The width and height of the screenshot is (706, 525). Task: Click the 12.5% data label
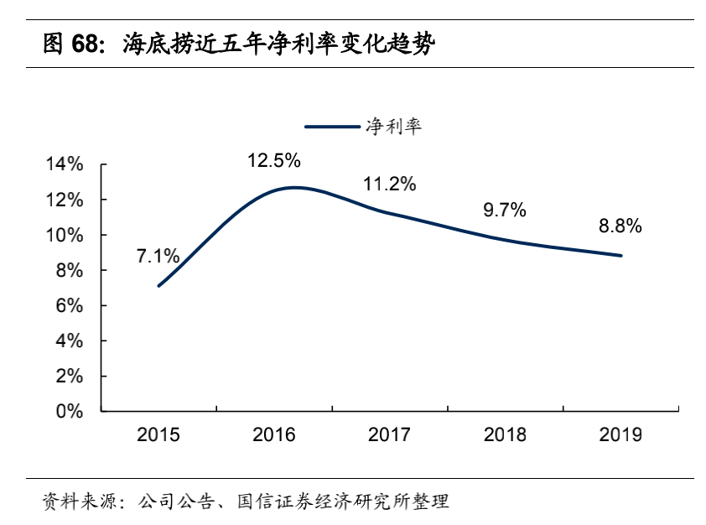click(x=273, y=159)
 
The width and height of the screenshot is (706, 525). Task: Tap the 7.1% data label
click(x=158, y=256)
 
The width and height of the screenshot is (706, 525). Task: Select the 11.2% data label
click(x=389, y=185)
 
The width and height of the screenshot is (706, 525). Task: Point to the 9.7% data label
click(x=505, y=211)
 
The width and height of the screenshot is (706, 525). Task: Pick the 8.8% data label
click(x=620, y=226)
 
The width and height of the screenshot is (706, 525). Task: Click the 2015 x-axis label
click(x=158, y=434)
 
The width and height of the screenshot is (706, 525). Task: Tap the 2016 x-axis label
click(x=274, y=434)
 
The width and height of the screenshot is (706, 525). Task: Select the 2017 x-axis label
click(x=389, y=434)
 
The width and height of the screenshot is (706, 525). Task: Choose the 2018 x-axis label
click(x=505, y=434)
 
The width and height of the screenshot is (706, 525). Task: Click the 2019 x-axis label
click(x=620, y=434)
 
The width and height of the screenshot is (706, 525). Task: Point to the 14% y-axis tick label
click(x=65, y=165)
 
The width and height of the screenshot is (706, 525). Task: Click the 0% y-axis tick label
click(x=70, y=412)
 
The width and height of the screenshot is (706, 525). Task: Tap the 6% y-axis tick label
click(x=70, y=306)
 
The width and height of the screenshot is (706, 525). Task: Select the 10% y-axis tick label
click(x=65, y=236)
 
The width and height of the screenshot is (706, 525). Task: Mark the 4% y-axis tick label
click(x=70, y=341)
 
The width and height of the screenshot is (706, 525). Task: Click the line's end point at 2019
click(x=620, y=256)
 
